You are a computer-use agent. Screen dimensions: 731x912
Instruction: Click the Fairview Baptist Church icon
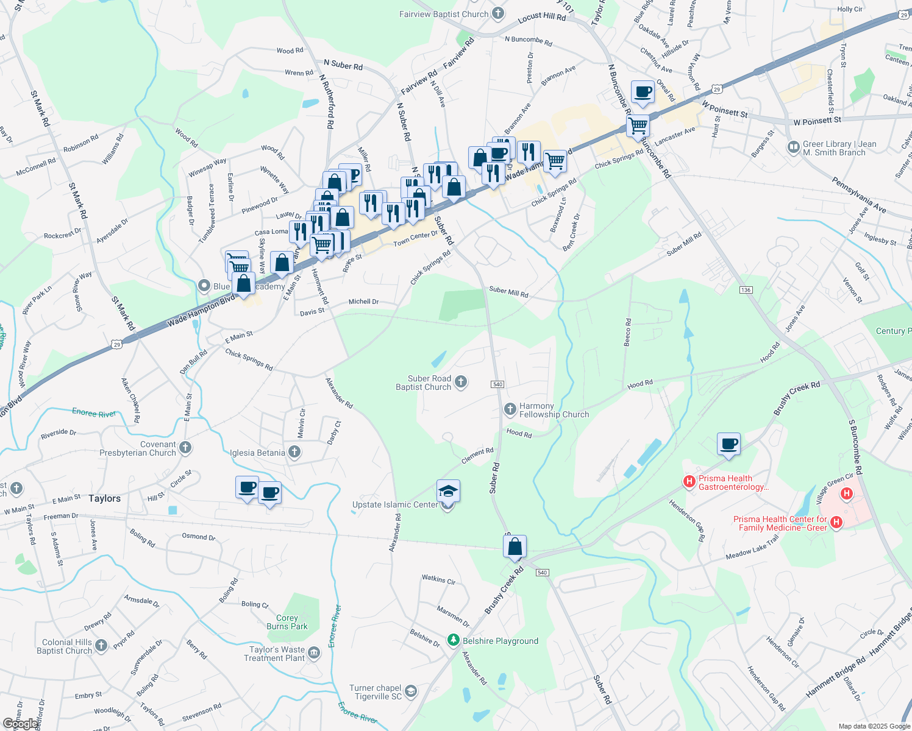coord(498,13)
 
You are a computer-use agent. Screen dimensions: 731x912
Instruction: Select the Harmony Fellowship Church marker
coord(510,409)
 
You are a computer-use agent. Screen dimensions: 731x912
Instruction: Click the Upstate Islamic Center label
coord(395,504)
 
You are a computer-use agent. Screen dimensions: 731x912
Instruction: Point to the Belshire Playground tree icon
coord(453,640)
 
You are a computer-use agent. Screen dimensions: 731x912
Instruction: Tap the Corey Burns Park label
coord(287,622)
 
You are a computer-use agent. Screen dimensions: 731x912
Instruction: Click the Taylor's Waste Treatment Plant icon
coord(314,653)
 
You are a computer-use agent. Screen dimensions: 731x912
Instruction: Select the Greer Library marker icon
coord(793,147)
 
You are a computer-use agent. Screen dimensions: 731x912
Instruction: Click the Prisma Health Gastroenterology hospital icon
coord(689,482)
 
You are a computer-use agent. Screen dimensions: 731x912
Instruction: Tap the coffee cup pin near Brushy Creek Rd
coord(729,443)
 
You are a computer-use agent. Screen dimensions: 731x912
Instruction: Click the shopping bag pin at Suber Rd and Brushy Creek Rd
coord(515,546)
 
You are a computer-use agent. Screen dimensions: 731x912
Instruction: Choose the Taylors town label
coord(104,498)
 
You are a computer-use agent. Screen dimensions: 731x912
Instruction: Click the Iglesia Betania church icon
coord(294,452)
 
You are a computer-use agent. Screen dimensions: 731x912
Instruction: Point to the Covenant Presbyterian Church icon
coord(185,448)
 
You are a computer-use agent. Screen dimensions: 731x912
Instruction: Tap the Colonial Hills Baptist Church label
coord(66,646)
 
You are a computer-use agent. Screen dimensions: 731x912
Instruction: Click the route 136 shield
coord(746,289)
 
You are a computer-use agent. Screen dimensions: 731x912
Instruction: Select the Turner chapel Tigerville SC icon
coord(411,691)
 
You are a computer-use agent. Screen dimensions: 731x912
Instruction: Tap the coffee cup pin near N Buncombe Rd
coord(643,92)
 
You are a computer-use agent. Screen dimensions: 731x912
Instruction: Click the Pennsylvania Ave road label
coord(859,195)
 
